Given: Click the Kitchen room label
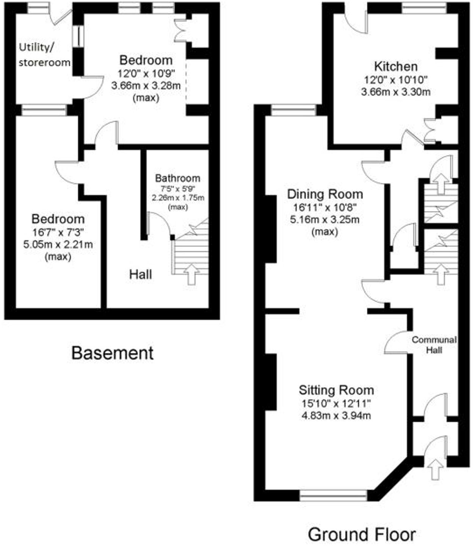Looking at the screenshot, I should click(396, 66).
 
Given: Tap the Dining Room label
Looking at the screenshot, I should click(325, 194).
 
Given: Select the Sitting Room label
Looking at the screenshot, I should click(336, 390).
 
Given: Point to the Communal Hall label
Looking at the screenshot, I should click(434, 345).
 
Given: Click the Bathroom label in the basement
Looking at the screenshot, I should click(178, 178).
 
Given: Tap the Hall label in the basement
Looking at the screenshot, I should click(141, 274).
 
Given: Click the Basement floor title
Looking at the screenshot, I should click(113, 353).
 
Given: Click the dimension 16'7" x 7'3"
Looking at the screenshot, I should click(58, 232).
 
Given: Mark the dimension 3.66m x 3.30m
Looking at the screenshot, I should click(396, 92).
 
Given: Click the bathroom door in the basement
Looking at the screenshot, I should click(159, 224).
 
